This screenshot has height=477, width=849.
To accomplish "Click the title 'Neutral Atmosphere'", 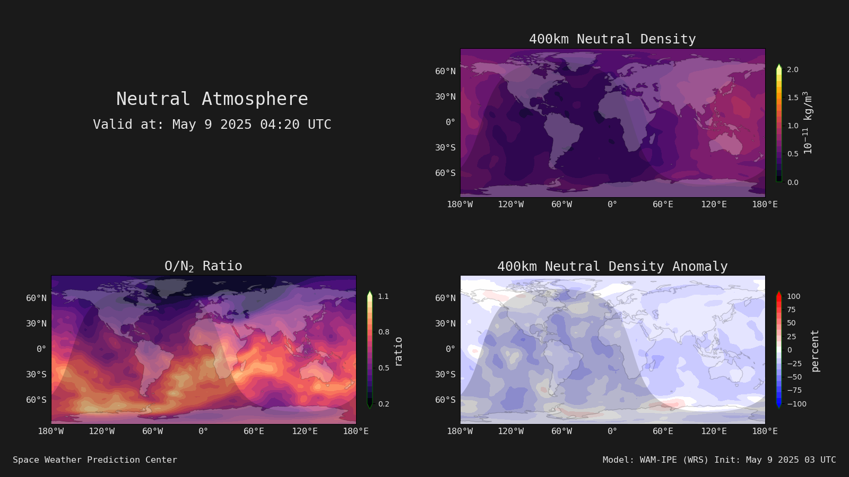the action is [x=212, y=99].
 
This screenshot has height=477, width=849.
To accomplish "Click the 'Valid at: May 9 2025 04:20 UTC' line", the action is [x=212, y=124].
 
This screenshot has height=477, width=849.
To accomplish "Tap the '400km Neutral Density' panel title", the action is [x=612, y=39].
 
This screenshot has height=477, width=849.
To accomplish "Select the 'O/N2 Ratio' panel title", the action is [x=204, y=266].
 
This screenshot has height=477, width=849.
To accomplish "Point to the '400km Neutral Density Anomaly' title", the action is [x=612, y=266].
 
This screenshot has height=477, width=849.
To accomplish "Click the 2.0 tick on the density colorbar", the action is [x=793, y=69].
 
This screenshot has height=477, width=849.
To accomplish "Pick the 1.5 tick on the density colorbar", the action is [x=793, y=98].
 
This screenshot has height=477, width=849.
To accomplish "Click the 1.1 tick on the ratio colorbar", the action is [x=384, y=296].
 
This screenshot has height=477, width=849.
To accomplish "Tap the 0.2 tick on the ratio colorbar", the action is [x=384, y=404].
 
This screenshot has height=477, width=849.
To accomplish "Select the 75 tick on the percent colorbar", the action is [x=791, y=310].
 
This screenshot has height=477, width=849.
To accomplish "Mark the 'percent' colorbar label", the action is [x=815, y=351].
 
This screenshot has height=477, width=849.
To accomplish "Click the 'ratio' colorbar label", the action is [x=398, y=352].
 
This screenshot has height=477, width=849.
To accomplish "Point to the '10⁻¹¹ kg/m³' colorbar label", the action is [x=808, y=122].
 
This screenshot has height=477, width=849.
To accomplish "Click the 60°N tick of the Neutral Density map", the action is [x=445, y=71].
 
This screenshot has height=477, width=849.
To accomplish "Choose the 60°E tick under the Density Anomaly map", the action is [x=663, y=431].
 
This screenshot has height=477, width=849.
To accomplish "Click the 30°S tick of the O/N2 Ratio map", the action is [x=37, y=374].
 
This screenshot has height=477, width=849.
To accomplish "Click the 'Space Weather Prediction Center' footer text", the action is [x=95, y=460].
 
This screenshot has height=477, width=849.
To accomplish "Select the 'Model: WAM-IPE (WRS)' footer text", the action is [x=655, y=460].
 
